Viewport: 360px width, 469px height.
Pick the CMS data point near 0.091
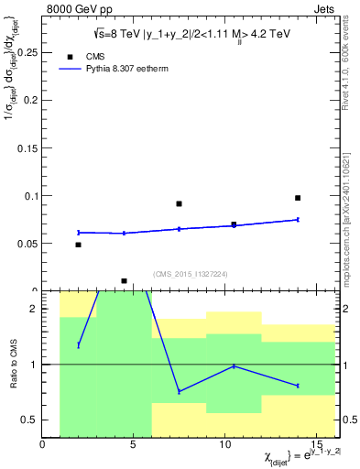click(179, 204)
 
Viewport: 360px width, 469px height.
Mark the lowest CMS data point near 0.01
click(124, 281)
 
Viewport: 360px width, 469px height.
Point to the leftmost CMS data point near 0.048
click(78, 245)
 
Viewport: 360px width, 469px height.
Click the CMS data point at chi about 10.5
click(234, 224)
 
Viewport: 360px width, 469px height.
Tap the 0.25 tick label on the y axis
click(27, 53)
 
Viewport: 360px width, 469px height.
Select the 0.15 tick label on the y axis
click(27, 148)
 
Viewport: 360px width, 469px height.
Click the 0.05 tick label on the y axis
click(27, 244)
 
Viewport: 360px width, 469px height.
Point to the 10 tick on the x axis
click(224, 445)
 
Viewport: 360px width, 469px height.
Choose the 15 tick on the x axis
click(316, 445)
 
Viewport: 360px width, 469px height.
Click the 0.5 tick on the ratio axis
click(31, 420)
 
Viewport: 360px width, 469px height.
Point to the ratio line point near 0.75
click(179, 391)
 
